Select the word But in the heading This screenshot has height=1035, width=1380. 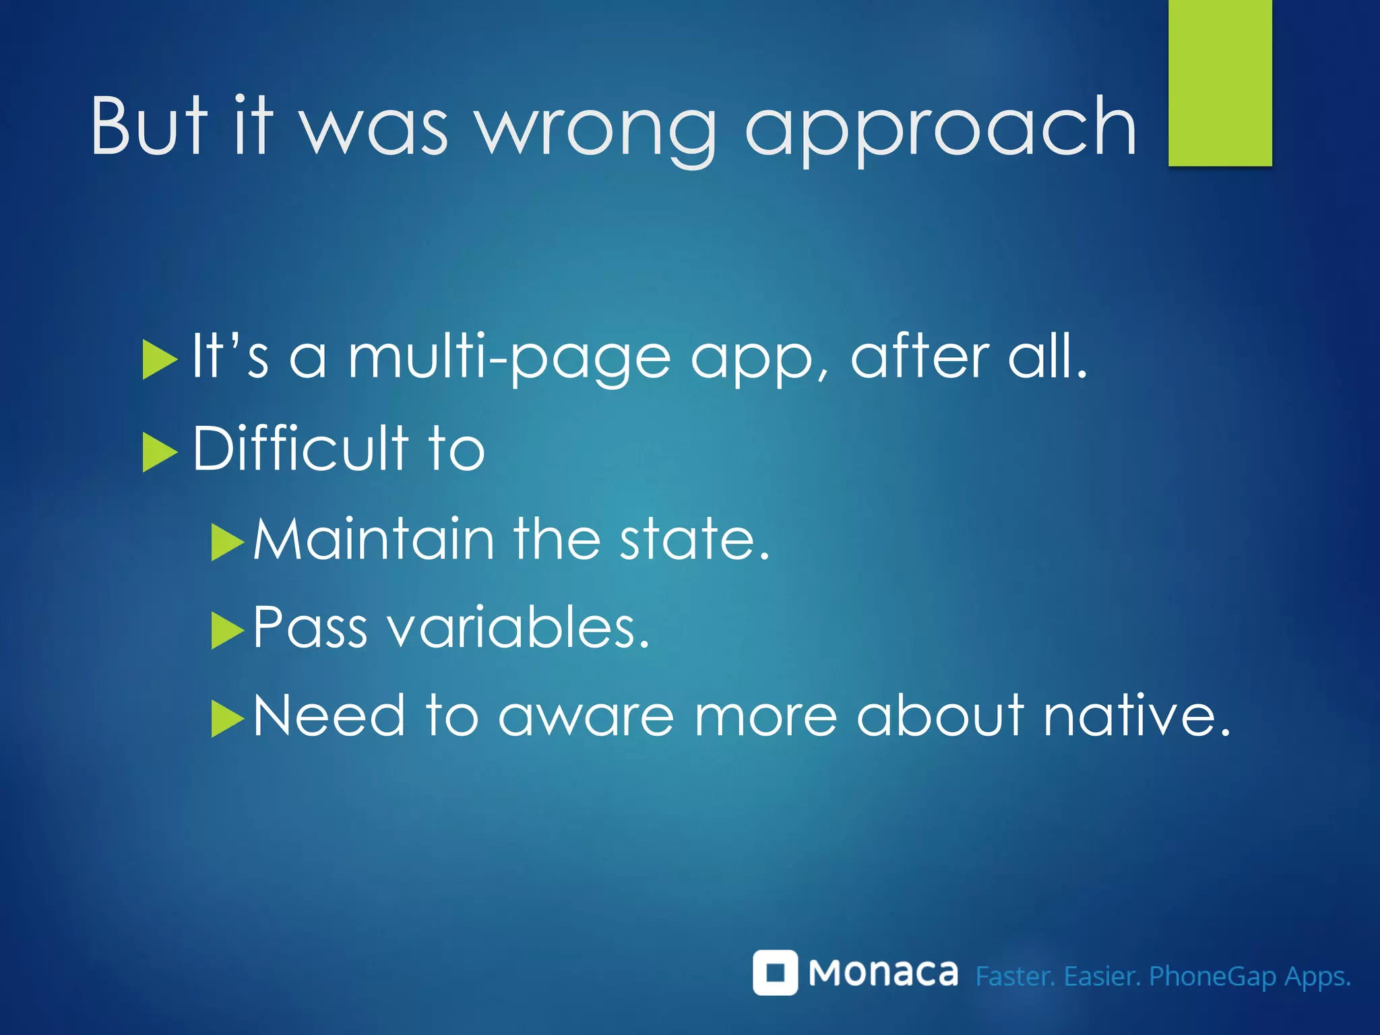[x=150, y=125]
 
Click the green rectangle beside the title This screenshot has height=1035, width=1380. [x=1220, y=82]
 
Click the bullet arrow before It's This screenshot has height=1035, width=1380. [x=159, y=360]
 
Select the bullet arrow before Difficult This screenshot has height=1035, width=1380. [x=159, y=452]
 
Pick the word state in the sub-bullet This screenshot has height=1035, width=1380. [x=694, y=540]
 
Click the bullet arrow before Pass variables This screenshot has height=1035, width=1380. [x=227, y=630]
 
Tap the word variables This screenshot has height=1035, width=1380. [x=519, y=627]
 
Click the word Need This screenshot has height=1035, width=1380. [x=330, y=716]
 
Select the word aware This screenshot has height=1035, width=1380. [x=586, y=717]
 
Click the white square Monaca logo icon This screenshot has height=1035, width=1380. [x=775, y=972]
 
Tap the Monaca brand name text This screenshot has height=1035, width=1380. [x=883, y=973]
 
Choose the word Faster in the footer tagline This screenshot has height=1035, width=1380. [x=1015, y=976]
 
